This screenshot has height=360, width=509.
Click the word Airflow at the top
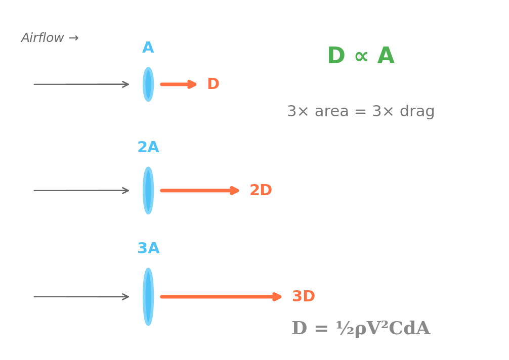point(43,38)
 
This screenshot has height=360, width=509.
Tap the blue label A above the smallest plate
point(148,48)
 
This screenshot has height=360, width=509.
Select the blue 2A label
point(148,147)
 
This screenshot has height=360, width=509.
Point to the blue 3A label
point(148,248)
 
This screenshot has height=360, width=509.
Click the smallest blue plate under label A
point(148,84)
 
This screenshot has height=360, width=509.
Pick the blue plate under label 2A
point(148,191)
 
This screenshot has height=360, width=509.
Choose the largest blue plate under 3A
point(148,297)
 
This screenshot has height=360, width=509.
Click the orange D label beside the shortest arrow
point(213,84)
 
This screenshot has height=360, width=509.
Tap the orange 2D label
point(261,191)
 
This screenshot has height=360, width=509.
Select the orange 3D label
point(304,297)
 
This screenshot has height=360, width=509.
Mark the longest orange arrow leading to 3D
point(221,297)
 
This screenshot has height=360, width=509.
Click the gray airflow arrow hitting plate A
point(81,84)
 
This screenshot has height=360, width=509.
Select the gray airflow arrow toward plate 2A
point(81,191)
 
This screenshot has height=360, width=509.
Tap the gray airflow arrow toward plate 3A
point(81,297)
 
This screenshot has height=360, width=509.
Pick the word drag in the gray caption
point(417,111)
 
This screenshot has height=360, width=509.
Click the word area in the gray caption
point(331,111)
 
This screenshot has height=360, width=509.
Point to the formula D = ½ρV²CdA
point(361,329)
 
